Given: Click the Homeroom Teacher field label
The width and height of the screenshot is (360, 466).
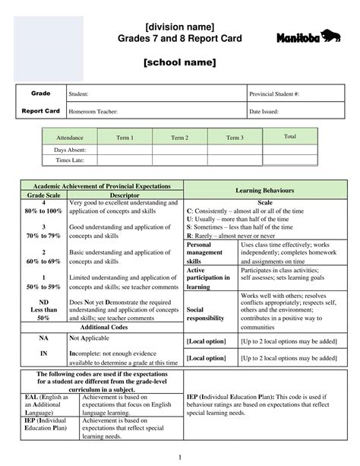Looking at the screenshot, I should [93, 112].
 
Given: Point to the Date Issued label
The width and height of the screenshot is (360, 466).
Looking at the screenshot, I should [264, 112].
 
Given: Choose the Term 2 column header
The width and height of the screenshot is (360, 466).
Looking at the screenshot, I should [180, 138].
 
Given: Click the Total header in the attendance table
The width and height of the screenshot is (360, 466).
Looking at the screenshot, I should [289, 136].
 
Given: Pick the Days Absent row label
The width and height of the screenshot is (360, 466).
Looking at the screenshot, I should [70, 150].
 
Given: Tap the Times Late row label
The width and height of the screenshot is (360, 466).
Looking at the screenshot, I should [70, 160].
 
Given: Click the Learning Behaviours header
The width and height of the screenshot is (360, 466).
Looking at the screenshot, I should [265, 189].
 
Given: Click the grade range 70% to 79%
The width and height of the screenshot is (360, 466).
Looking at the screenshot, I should [43, 236].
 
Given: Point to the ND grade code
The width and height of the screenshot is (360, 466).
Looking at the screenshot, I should [43, 303].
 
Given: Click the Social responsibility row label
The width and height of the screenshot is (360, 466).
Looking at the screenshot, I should [205, 314].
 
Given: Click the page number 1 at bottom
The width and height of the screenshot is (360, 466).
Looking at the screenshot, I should [179, 456].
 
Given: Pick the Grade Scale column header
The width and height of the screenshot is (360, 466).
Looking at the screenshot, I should [43, 195].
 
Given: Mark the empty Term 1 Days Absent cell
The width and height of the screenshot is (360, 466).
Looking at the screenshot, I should [125, 150].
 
